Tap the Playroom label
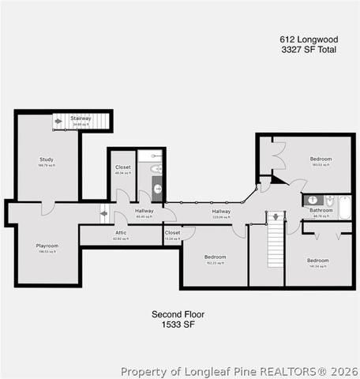[47, 246]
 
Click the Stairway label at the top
[81, 118]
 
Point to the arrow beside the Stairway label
[59, 121]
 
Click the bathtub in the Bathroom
[344, 208]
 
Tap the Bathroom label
[321, 211]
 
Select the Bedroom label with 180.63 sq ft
[321, 159]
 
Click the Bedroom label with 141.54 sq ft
[317, 261]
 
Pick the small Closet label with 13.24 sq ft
[172, 233]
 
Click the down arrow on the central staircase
[275, 216]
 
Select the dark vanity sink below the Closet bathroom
[156, 189]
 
